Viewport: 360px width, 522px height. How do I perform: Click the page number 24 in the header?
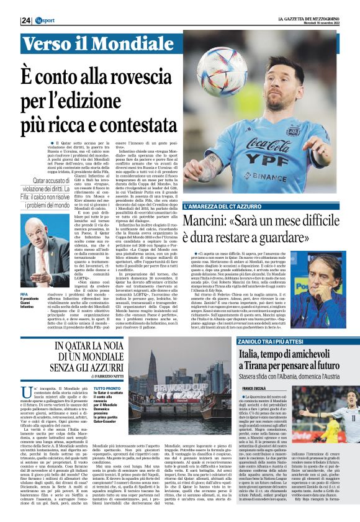(27, 20)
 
